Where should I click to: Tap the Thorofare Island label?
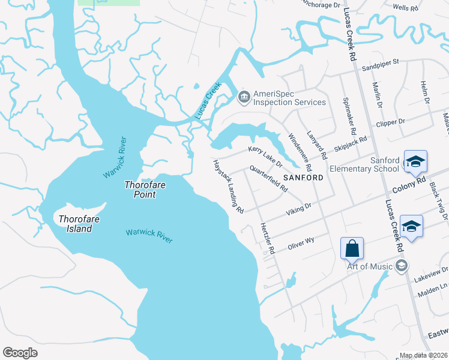76,224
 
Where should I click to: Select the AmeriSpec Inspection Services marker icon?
244,96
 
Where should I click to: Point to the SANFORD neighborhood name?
303,178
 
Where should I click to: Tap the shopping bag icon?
352,248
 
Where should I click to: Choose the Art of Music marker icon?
402,266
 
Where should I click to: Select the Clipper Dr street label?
390,122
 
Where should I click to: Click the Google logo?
20,353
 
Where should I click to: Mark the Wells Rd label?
405,8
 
